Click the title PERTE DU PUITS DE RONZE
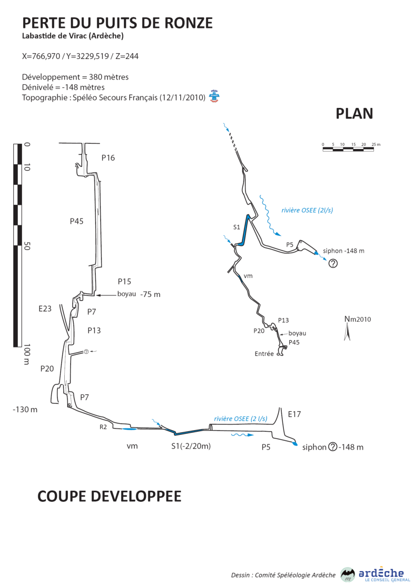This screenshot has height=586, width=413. tap(117, 23)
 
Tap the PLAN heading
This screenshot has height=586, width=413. tap(354, 114)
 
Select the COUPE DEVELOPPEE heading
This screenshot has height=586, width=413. tap(110, 496)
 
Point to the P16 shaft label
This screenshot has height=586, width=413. tap(108, 158)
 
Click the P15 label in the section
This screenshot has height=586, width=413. tap(124, 281)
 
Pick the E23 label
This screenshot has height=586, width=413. tap(45, 309)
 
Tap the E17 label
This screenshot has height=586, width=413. tap(294, 414)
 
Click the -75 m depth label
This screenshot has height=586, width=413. tap(150, 295)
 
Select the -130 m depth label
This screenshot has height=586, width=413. tap(25, 410)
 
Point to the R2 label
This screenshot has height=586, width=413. tap(103, 427)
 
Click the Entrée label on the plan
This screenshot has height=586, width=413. tap(264, 354)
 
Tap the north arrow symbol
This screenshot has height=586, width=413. tap(348, 332)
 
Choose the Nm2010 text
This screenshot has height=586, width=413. tap(357, 319)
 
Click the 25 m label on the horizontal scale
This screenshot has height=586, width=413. tap(376, 144)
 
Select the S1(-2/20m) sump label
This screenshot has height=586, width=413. tap(191, 446)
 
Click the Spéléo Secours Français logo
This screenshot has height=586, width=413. tap(214, 95)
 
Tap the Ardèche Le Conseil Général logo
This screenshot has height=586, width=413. tap(372, 574)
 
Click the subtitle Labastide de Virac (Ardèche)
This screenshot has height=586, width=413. tap(73, 36)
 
